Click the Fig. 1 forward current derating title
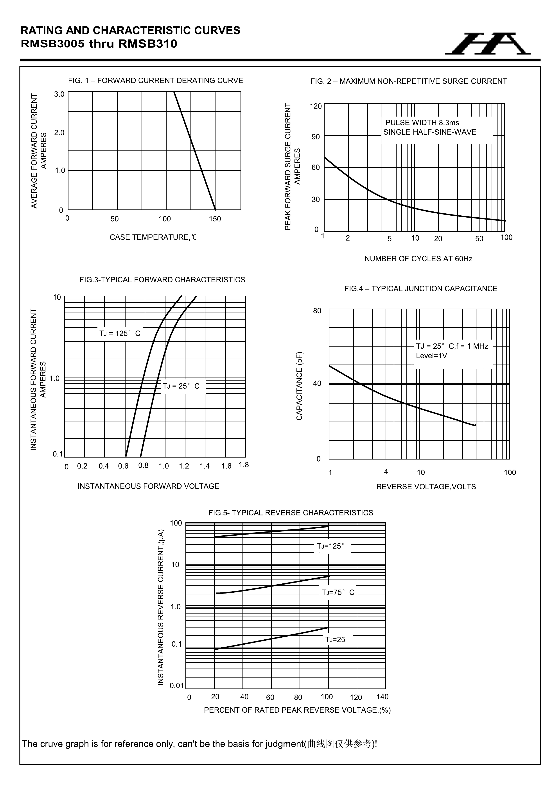coord(155,81)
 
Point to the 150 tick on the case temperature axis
coord(215,219)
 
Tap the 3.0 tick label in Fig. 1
coord(59,94)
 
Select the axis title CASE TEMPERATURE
coord(154,237)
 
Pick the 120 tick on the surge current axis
coord(316,106)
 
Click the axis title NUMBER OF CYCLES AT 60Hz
coord(418,259)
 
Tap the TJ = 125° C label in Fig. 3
coord(120,333)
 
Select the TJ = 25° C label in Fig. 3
coord(181,386)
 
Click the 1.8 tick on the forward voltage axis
coord(244,465)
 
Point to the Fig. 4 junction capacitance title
coord(420,289)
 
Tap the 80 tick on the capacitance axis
coord(317,311)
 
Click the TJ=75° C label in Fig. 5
coord(338,592)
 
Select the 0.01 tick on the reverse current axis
coord(177,685)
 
